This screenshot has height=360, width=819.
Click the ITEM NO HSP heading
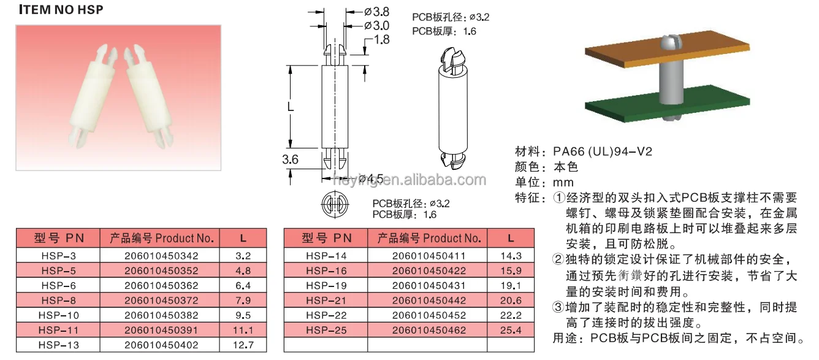point(61,10)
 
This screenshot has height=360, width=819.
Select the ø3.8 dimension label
point(377,12)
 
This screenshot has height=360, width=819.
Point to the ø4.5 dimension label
point(371,179)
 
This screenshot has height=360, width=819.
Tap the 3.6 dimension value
point(290,159)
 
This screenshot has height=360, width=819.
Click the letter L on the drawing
point(291,107)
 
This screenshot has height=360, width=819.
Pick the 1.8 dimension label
point(382,39)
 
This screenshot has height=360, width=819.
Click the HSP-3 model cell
point(58,256)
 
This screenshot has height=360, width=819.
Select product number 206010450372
point(161,301)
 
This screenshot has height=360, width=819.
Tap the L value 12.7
point(243,345)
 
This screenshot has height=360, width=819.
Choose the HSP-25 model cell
point(326,331)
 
